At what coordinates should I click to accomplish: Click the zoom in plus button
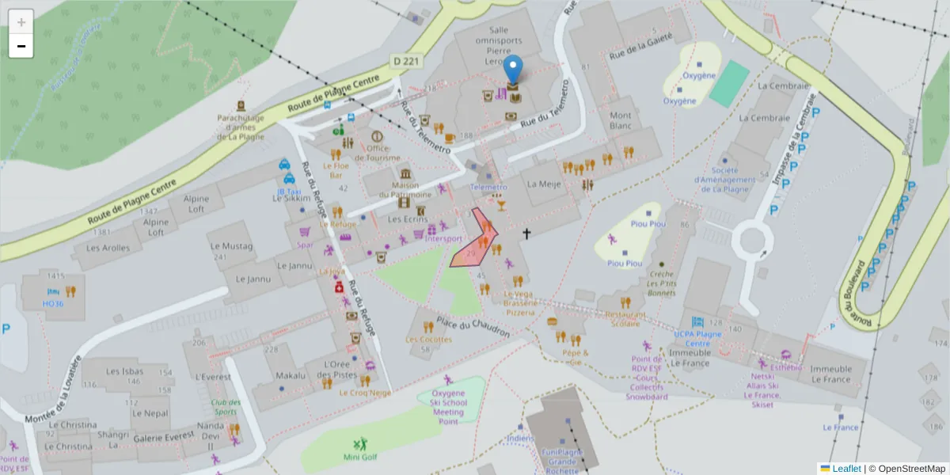pyautogui.click(x=21, y=22)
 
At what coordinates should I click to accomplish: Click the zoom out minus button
pyautogui.click(x=21, y=46)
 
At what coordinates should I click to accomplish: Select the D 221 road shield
pyautogui.click(x=407, y=61)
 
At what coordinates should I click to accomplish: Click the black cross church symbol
pyautogui.click(x=526, y=234)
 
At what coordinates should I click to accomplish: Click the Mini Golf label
pyautogui.click(x=360, y=457)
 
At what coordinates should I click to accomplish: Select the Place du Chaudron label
pyautogui.click(x=473, y=327)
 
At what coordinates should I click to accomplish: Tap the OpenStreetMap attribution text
pyautogui.click(x=906, y=469)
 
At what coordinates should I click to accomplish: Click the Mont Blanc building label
pyautogui.click(x=621, y=120)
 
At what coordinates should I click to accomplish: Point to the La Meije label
pyautogui.click(x=544, y=184)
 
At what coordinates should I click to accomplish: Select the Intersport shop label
pyautogui.click(x=443, y=238)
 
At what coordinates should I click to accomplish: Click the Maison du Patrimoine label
pyautogui.click(x=405, y=189)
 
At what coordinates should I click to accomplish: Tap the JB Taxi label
pyautogui.click(x=288, y=192)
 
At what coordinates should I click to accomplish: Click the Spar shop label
pyautogui.click(x=305, y=245)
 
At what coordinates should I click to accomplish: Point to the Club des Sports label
pyautogui.click(x=225, y=407)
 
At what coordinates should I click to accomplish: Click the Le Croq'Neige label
pyautogui.click(x=365, y=392)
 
